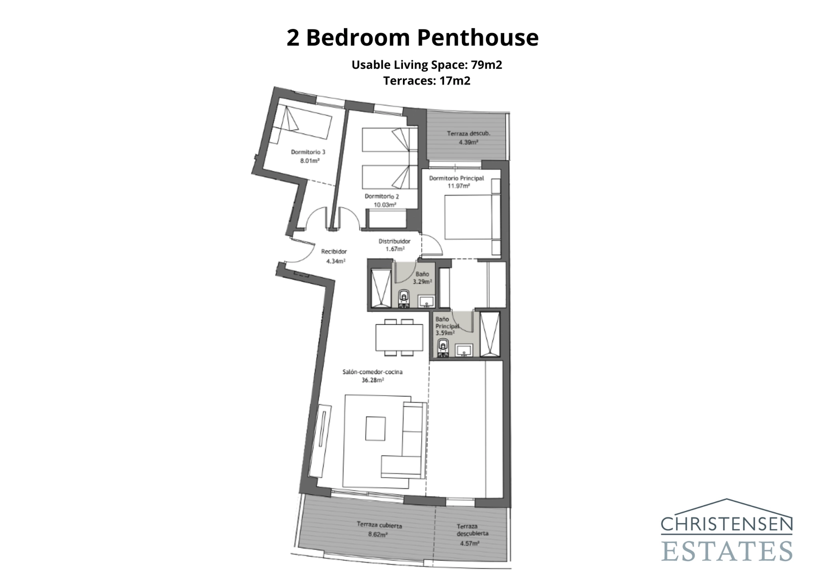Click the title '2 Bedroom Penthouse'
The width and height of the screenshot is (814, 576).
(x=412, y=38)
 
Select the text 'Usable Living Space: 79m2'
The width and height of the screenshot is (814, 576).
(x=426, y=65)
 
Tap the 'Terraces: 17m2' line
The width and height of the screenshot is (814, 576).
(x=426, y=80)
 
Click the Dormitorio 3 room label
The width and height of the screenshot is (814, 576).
(x=308, y=152)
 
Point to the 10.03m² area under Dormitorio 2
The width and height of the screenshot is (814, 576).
(x=385, y=205)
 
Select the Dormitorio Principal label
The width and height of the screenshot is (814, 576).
(x=456, y=178)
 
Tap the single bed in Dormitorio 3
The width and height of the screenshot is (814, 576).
(x=300, y=126)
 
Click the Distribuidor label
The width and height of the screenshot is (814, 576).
(x=394, y=241)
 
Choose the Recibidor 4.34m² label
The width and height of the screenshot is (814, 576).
(x=334, y=256)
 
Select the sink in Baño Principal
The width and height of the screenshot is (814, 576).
(x=464, y=350)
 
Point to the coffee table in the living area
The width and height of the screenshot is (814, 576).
(x=376, y=428)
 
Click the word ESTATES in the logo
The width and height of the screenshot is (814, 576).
(x=727, y=551)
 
